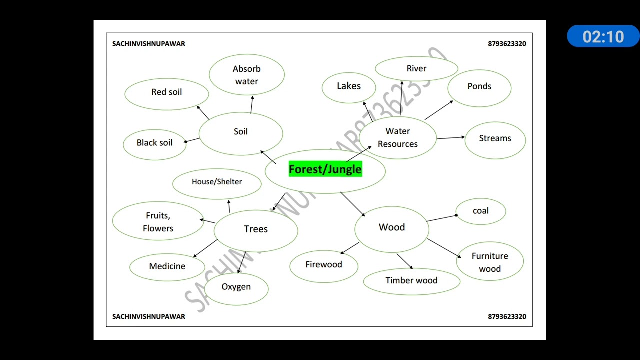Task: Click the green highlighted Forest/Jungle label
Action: pos(325,169)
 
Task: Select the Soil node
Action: pos(241,132)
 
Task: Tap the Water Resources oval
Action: pos(398,137)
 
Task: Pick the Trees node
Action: pos(256,229)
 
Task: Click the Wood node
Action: pos(392,228)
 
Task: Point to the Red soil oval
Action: pos(167,92)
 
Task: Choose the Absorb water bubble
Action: pos(247,75)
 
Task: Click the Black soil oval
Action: pos(155,143)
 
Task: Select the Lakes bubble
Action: pos(349,86)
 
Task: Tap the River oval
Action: pos(416,69)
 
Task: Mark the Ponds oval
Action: pos(479,87)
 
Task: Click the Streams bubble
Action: pos(495,139)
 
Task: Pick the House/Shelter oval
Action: pos(217,182)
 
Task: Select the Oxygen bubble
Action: pos(236,287)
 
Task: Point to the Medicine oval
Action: pos(167,266)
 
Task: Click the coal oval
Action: pos(481,211)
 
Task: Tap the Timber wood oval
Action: pos(411,281)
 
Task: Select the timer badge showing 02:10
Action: pos(603,37)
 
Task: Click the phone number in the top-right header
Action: pos(507,44)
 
